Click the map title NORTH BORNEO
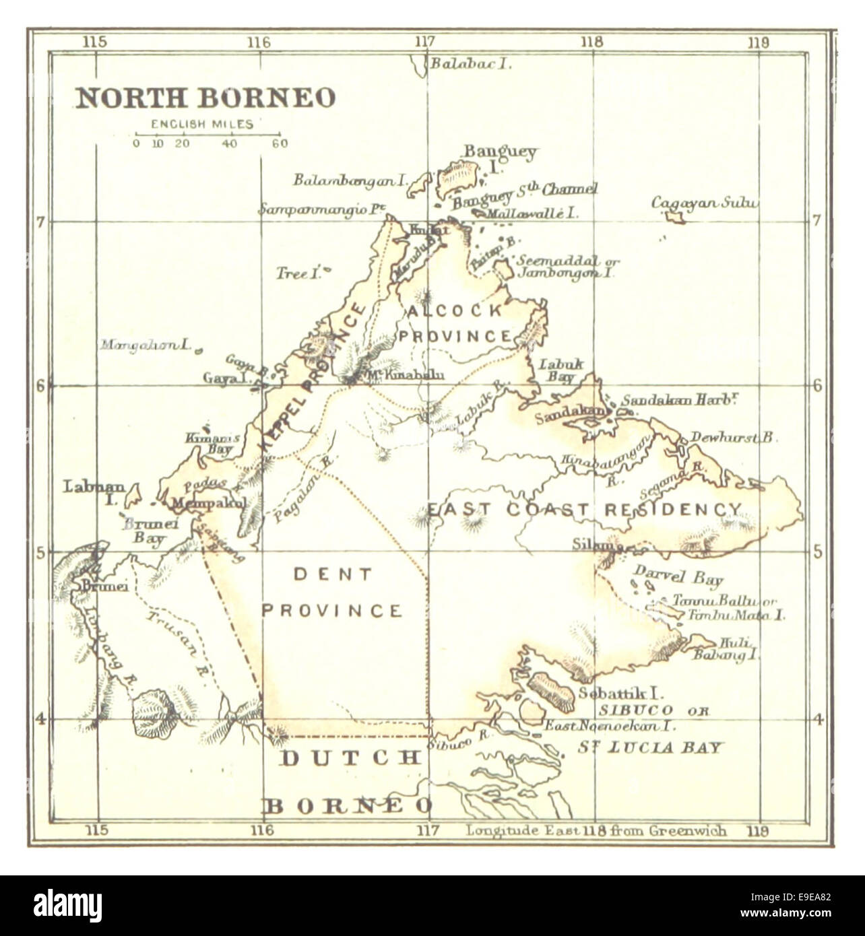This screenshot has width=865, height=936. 205,98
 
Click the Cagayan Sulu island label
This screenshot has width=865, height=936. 703,203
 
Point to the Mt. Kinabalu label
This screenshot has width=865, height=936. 402,376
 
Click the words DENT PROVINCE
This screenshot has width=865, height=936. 331,593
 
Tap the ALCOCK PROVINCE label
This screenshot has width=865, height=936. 455,323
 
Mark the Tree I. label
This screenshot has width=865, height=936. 296,274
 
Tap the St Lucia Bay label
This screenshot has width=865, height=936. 650,747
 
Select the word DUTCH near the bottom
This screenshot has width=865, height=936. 349,758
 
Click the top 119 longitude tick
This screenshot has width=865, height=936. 758,42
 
